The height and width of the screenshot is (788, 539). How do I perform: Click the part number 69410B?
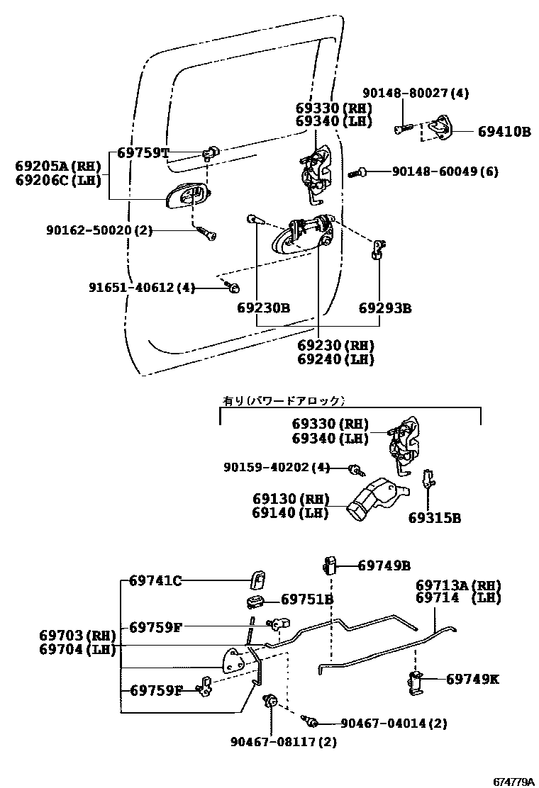tap(504, 131)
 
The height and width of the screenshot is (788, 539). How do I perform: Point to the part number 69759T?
tap(143, 152)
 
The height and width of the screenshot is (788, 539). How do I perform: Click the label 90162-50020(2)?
tap(99, 230)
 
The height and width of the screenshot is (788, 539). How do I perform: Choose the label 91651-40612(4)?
tap(141, 288)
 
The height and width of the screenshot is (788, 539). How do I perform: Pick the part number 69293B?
tap(385, 308)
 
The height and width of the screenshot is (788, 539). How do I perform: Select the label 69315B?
tap(434, 517)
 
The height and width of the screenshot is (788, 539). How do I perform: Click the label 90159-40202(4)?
tap(277, 468)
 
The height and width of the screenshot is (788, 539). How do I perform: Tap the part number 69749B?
tap(384, 565)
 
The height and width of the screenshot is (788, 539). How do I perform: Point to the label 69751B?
tap(307, 599)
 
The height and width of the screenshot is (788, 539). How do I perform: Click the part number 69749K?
tap(472, 679)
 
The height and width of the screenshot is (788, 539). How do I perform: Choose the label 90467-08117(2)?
tap(284, 742)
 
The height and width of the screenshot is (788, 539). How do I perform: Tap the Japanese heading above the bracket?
tap(284, 400)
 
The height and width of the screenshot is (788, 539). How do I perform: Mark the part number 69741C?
tap(155, 581)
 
